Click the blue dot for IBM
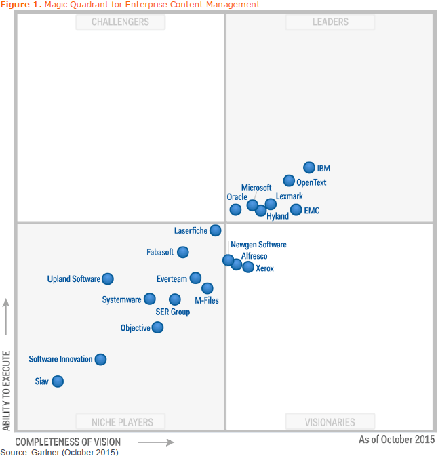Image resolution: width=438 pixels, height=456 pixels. (x=309, y=167)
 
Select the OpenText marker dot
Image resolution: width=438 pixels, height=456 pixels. (x=289, y=180)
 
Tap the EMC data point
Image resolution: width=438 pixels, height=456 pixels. (x=296, y=210)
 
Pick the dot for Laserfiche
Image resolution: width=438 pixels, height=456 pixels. (x=215, y=230)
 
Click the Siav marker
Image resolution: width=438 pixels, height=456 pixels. (x=58, y=381)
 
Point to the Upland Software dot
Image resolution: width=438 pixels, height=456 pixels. (x=107, y=278)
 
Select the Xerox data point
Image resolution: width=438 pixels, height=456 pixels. (x=248, y=267)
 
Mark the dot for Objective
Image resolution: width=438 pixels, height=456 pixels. (x=157, y=327)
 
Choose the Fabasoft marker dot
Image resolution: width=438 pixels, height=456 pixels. (x=182, y=252)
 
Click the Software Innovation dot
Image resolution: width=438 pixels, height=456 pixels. (x=100, y=359)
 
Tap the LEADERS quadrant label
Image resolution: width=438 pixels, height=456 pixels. (x=330, y=22)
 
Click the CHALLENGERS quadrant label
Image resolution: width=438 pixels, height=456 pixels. (x=121, y=22)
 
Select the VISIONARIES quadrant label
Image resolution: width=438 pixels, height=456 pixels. (x=330, y=422)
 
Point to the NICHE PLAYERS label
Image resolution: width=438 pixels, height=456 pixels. (x=122, y=422)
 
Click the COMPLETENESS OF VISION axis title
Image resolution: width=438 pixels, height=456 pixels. (x=68, y=442)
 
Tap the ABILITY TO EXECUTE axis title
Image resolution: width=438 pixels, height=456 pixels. (x=7, y=390)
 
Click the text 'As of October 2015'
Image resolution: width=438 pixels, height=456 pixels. (x=396, y=439)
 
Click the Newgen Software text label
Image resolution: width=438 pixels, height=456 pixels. (x=258, y=245)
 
